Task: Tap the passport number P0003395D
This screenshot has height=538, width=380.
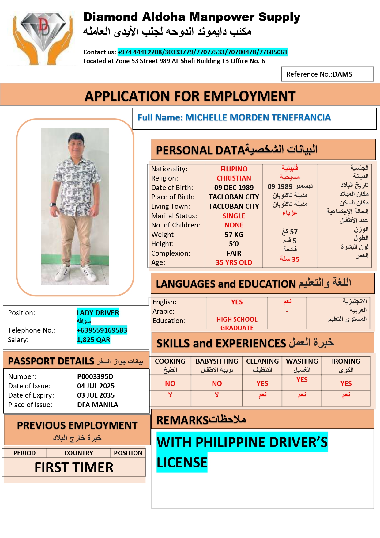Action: pos(95,376)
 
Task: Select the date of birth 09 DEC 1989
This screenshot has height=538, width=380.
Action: pos(234,188)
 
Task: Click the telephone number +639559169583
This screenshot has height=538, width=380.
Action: pos(102,330)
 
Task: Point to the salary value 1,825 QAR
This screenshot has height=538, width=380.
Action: pos(93,340)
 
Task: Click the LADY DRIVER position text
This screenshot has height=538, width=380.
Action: pos(98,313)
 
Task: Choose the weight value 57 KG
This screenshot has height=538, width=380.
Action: pos(234,235)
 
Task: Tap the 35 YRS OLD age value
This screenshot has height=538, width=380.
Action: pos(234,262)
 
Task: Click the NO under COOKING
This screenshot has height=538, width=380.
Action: pos(170,383)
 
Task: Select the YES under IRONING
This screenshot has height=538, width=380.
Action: pos(346,383)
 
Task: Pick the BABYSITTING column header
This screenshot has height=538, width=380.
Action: pos(217,361)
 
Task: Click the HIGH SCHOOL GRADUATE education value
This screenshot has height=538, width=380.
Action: pos(237,323)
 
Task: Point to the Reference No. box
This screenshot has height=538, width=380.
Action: pos(327,74)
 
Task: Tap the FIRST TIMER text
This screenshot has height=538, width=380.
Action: pos(74,467)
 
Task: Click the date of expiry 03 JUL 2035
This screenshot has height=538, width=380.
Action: pos(96,395)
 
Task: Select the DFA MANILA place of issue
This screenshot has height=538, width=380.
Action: pos(98,405)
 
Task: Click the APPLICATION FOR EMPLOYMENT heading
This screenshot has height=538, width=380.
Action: pos(190,96)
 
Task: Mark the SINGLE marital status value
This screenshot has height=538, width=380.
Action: pos(234,216)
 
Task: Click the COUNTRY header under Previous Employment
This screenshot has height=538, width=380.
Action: pos(78,453)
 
